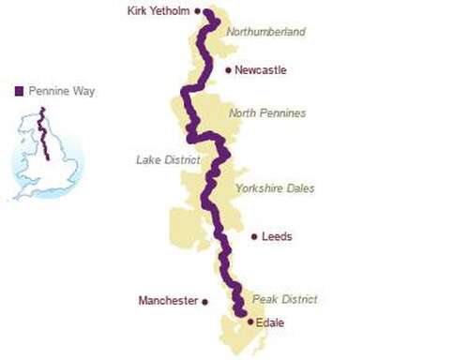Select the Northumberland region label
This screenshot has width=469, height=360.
coord(265,32)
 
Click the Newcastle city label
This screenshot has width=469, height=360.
coord(261,70)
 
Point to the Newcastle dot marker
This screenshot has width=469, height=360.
coord(228,70)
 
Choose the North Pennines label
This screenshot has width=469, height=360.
coord(268,113)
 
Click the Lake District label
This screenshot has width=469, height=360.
coord(167,159)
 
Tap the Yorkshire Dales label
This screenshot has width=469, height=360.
coord(275,188)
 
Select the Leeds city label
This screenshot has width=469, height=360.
coord(277,236)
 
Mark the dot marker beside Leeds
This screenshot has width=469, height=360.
coord(253,236)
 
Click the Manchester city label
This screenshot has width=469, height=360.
coord(168,301)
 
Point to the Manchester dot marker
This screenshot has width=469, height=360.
coord(204,302)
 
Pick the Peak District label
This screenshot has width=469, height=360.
coord(285,299)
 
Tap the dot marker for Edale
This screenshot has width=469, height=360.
coord(250,322)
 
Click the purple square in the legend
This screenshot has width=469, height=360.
coord(19,91)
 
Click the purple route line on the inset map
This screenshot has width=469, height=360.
coord(41,131)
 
